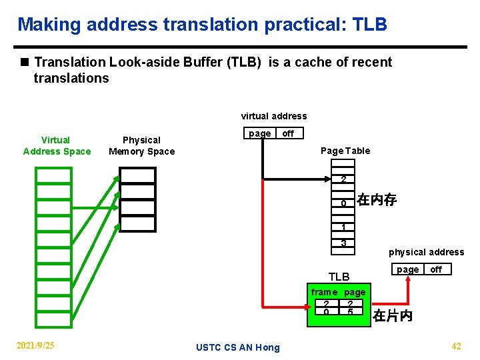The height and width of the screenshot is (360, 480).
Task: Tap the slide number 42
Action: (456, 345)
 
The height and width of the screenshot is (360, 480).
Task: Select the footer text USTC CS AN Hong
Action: (238, 347)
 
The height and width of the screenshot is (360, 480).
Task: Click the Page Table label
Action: (345, 151)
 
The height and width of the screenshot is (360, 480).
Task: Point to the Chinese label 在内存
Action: (377, 199)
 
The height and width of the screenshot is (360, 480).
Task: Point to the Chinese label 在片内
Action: (393, 315)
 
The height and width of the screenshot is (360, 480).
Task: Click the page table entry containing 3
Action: (343, 243)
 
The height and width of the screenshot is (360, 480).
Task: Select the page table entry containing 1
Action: (343, 227)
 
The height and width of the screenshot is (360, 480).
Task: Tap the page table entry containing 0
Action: (343, 203)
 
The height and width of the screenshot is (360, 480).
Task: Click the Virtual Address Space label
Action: (57, 145)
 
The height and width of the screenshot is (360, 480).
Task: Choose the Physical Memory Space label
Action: (141, 145)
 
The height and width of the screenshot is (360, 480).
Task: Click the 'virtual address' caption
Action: (274, 116)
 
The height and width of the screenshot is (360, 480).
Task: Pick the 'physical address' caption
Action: (426, 252)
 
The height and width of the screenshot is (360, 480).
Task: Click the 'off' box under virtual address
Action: (288, 133)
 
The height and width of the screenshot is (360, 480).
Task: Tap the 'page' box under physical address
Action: (408, 269)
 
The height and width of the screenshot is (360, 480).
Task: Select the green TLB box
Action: (337, 306)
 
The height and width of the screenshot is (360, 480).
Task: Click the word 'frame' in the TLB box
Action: (324, 292)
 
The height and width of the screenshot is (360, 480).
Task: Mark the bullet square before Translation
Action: (25, 63)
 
